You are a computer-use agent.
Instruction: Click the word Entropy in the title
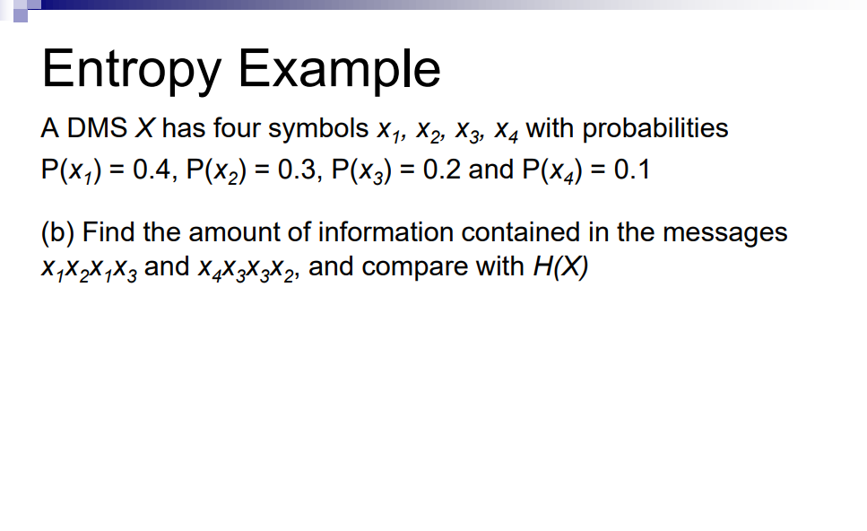[x=125, y=69]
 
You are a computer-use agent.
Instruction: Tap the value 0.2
[x=442, y=170]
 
